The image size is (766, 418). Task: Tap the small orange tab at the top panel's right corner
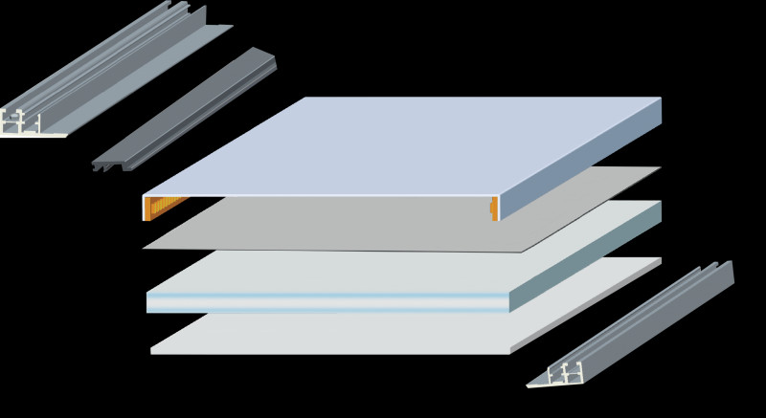coord(494,207)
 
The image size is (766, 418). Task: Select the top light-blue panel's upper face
coord(402,143)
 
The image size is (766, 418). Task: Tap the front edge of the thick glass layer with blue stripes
coord(326,303)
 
